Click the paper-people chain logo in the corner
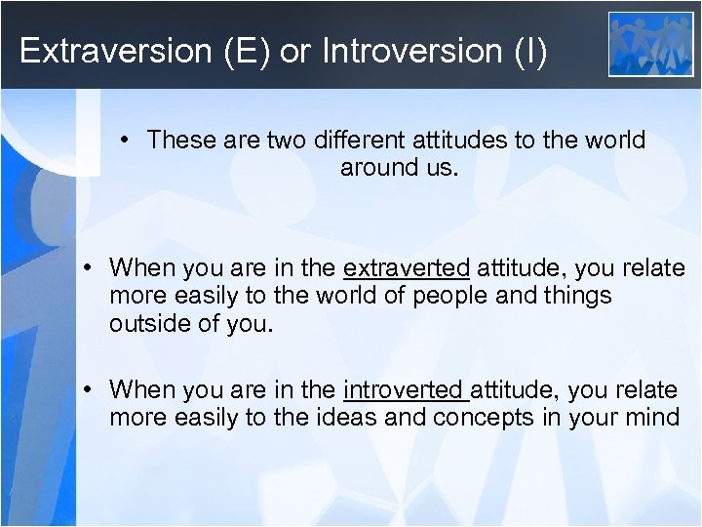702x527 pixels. coord(650,43)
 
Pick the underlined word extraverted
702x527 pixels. coord(407,268)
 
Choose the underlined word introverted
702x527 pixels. coord(406,390)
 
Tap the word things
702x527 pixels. coord(577,296)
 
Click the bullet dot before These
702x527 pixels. coord(128,141)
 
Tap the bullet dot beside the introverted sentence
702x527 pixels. coord(89,390)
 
